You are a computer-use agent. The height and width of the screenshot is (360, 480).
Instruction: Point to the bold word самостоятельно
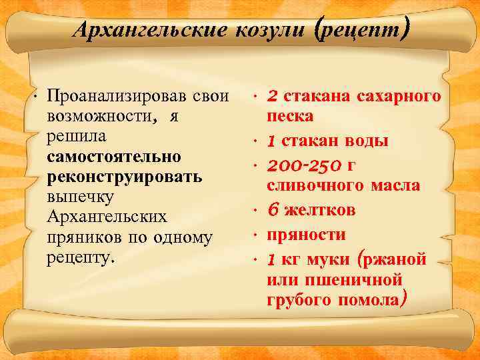[x=114, y=157]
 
